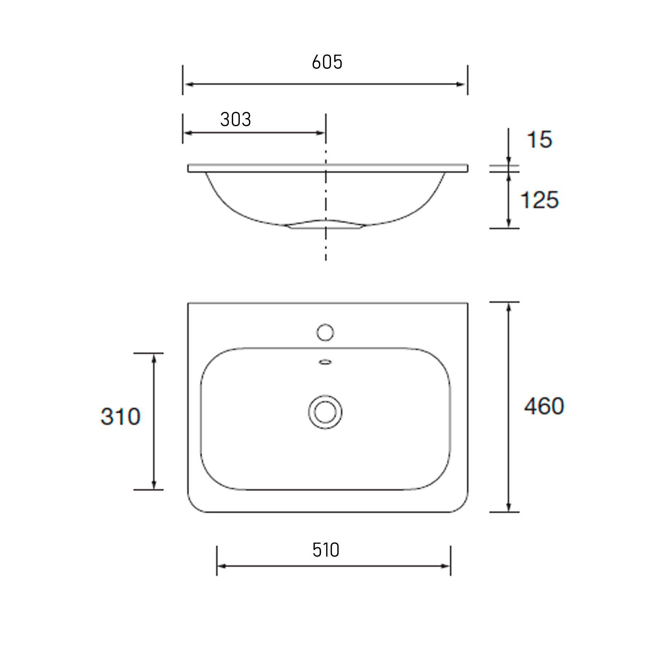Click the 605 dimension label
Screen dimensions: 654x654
[x=327, y=62]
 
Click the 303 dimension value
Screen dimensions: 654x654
[x=235, y=120]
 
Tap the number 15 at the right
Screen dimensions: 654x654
[x=540, y=140]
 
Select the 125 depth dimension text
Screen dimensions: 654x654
[x=539, y=200]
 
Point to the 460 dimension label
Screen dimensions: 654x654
[x=544, y=406]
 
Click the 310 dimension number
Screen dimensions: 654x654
[x=120, y=416]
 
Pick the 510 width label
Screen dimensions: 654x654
[x=326, y=550]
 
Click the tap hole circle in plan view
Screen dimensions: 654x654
[x=325, y=332]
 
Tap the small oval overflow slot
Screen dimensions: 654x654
[x=325, y=362]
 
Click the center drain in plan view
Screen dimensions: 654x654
[x=325, y=412]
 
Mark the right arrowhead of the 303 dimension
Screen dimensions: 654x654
[x=321, y=133]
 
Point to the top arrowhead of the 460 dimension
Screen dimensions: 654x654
[x=509, y=307]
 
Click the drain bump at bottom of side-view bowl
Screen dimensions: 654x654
[x=325, y=225]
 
